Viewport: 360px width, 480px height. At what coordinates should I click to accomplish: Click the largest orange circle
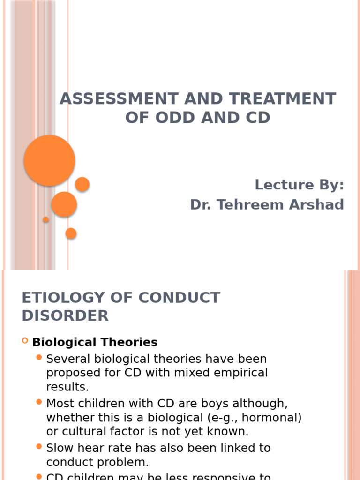50,160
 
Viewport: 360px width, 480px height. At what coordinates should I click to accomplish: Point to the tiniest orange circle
45,219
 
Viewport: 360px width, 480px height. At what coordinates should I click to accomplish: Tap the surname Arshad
321,205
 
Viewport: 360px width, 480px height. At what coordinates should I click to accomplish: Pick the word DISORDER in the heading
65,315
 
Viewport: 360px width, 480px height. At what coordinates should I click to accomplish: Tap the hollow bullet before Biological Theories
25,341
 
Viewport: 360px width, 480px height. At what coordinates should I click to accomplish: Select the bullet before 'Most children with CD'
40,402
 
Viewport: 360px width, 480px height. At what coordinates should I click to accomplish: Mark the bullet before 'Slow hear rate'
40,447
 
